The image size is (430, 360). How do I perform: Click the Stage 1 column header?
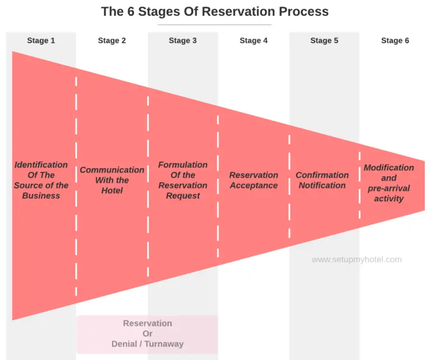(41, 40)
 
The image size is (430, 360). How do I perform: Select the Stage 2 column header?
(112, 40)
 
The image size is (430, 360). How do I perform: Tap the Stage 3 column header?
(183, 40)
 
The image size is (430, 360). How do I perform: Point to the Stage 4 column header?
(254, 40)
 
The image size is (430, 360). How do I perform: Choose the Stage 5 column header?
(324, 40)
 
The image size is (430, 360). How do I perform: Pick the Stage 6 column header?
(395, 40)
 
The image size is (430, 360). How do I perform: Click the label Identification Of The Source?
(41, 180)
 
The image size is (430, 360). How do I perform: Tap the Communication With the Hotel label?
(112, 180)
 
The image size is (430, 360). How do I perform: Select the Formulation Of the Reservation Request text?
(183, 180)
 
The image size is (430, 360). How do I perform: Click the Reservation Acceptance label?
(254, 180)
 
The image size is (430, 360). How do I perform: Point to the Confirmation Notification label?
(322, 180)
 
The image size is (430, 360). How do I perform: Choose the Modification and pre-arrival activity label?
(389, 183)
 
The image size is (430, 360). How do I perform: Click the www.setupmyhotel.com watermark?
(357, 259)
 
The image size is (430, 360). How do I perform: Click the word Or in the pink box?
(148, 334)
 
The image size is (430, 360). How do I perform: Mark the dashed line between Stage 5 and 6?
(359, 185)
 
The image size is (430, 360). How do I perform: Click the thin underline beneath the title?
(214, 25)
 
